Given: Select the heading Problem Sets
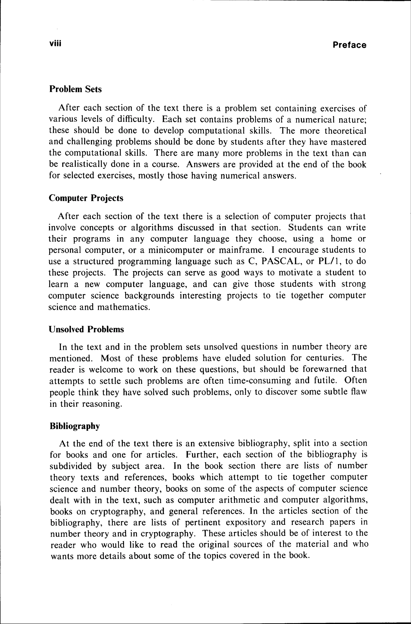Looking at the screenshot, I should (75, 89).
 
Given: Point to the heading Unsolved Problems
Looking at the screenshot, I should (86, 329).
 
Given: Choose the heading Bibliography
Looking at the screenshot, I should (75, 426).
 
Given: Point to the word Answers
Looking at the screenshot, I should (202, 164).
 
